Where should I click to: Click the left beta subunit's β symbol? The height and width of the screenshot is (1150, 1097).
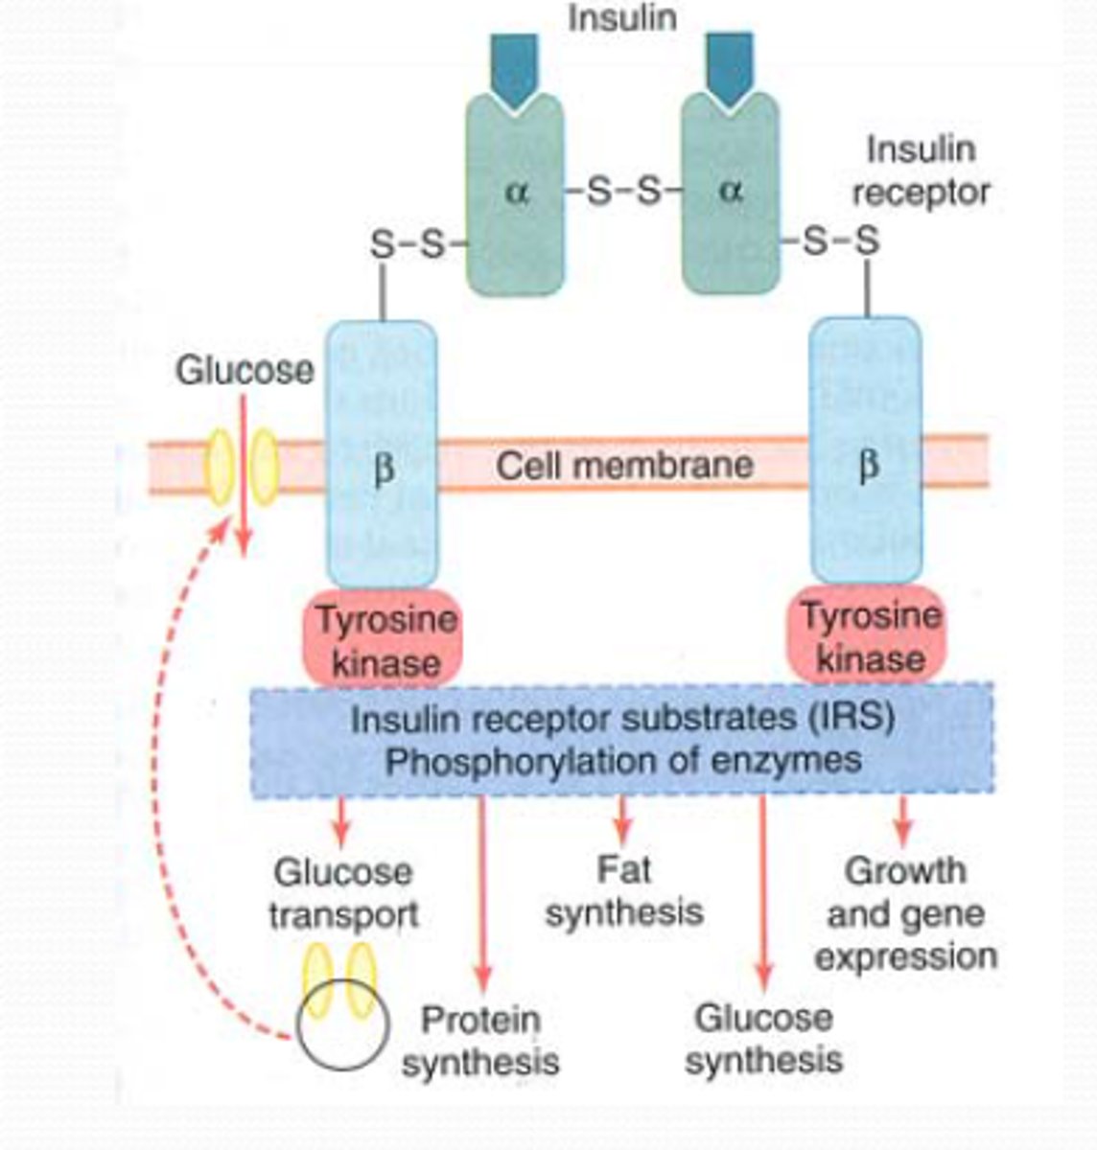[x=382, y=471]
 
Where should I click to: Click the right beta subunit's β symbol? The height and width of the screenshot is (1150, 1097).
[x=866, y=467]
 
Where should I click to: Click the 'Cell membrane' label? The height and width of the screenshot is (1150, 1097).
[x=623, y=466]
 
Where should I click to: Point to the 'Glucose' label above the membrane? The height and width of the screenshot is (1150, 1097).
[x=244, y=371]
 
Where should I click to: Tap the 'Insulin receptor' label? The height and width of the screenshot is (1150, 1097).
[x=920, y=171]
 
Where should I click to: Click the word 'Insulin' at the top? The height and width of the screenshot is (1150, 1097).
[x=621, y=17]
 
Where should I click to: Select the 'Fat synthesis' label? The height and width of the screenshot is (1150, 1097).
[x=623, y=891]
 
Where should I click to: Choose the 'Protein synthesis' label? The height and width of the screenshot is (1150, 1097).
[x=479, y=1041]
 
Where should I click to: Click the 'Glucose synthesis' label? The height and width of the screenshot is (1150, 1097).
[x=763, y=1039]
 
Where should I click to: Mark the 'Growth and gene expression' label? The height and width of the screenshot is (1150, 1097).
[x=904, y=914]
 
